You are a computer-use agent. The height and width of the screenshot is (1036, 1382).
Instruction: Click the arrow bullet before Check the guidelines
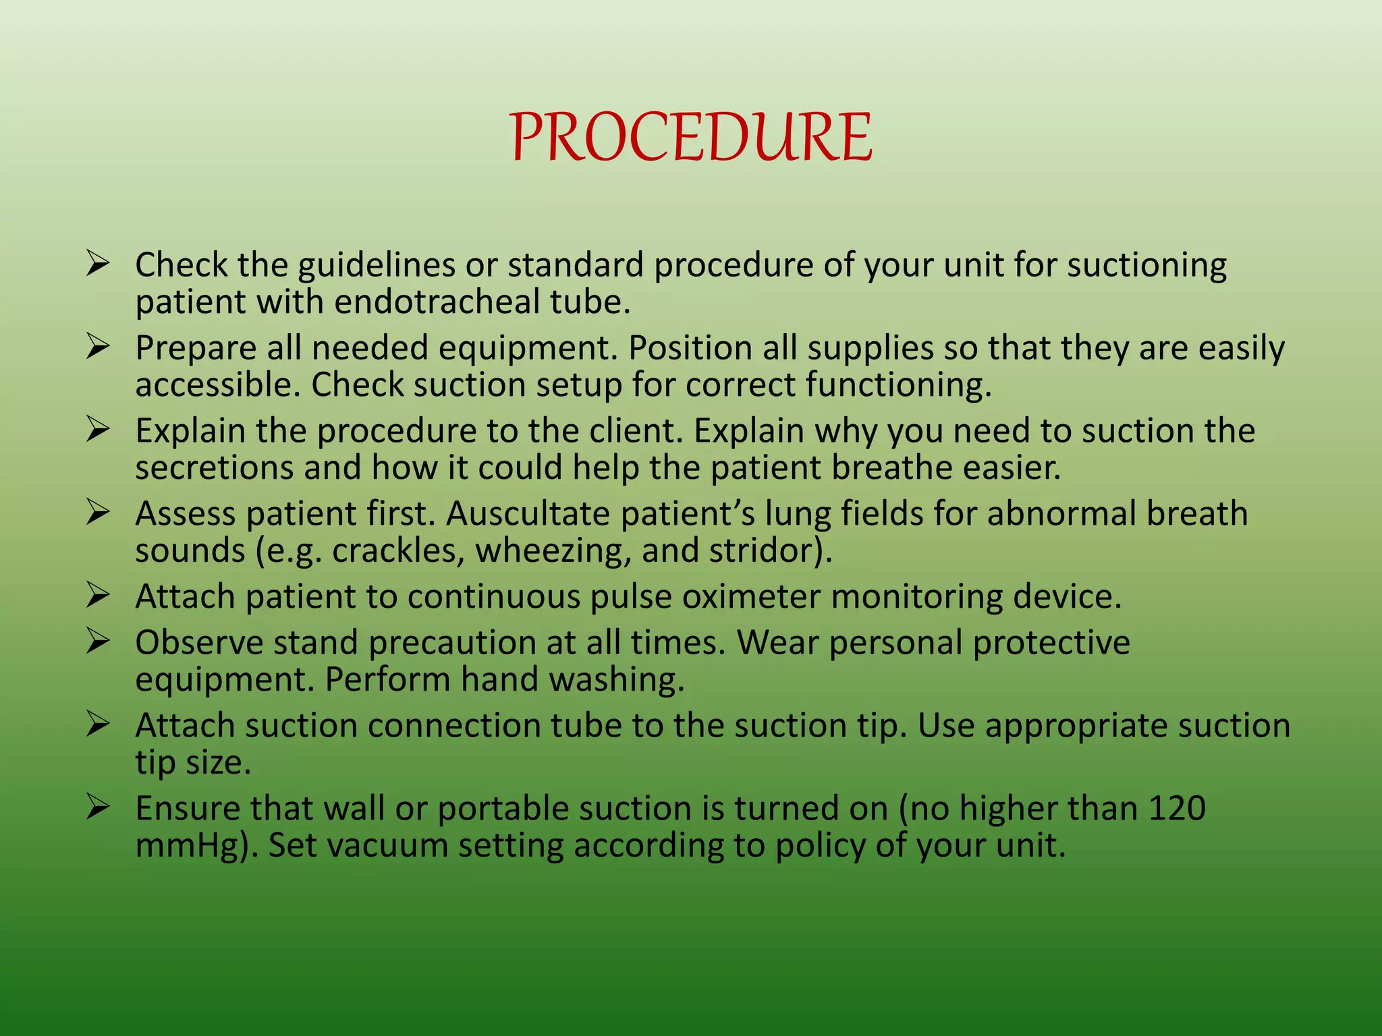[x=98, y=264]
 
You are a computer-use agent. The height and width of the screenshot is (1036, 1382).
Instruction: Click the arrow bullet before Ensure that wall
[x=98, y=807]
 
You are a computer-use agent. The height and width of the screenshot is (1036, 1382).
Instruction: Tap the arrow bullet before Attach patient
[x=98, y=596]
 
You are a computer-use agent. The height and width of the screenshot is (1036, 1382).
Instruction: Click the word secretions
[x=214, y=467]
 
